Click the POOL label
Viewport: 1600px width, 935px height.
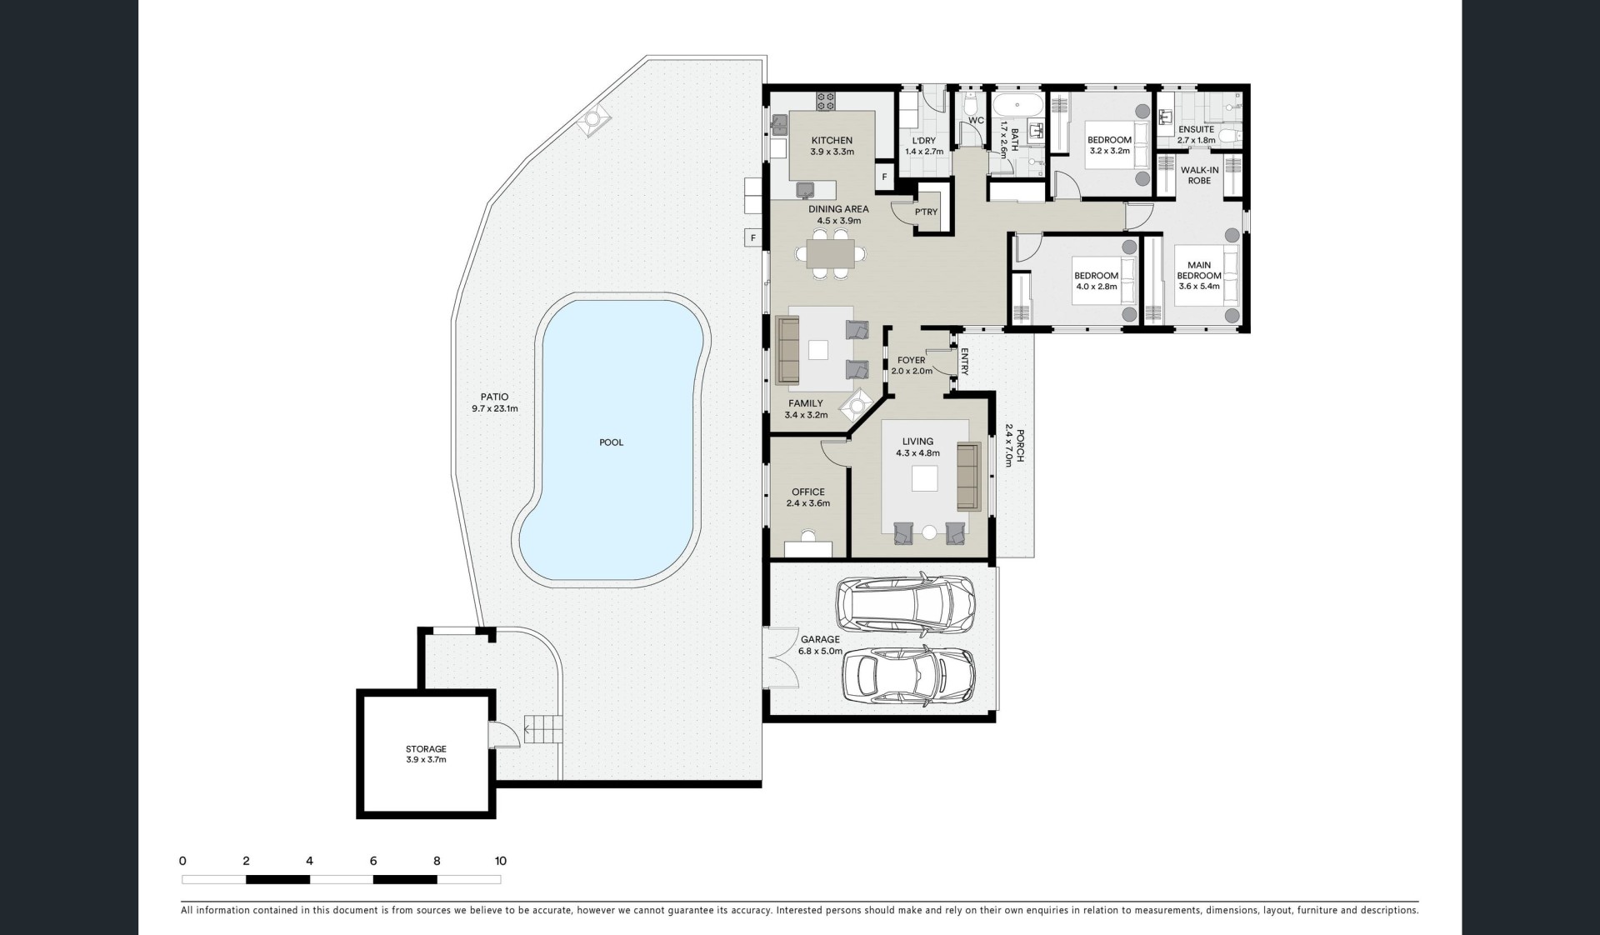coord(611,442)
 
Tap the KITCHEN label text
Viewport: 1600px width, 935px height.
coord(832,141)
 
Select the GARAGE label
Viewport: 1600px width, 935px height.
coord(821,640)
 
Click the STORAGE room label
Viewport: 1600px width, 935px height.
coord(426,749)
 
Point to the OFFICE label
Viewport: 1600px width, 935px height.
coord(808,492)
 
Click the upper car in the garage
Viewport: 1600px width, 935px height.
coord(906,602)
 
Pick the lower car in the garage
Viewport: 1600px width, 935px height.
coord(909,677)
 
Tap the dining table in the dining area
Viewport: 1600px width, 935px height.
coord(830,252)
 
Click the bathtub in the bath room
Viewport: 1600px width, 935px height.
coord(1017,105)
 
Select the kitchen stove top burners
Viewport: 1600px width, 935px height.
coord(826,101)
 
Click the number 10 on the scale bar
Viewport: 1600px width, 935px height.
coord(500,861)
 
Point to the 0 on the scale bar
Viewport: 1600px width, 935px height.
coord(182,861)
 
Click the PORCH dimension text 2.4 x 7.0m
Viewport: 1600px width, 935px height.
coord(1007,445)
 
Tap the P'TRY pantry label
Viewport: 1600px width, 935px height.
coord(926,212)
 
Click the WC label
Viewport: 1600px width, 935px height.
coord(976,121)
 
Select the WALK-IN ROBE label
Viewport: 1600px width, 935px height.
coord(1199,175)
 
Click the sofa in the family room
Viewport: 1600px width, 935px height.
coord(787,350)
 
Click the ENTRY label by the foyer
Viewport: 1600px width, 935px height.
coord(964,362)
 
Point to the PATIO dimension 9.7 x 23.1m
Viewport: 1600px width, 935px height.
coord(495,409)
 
